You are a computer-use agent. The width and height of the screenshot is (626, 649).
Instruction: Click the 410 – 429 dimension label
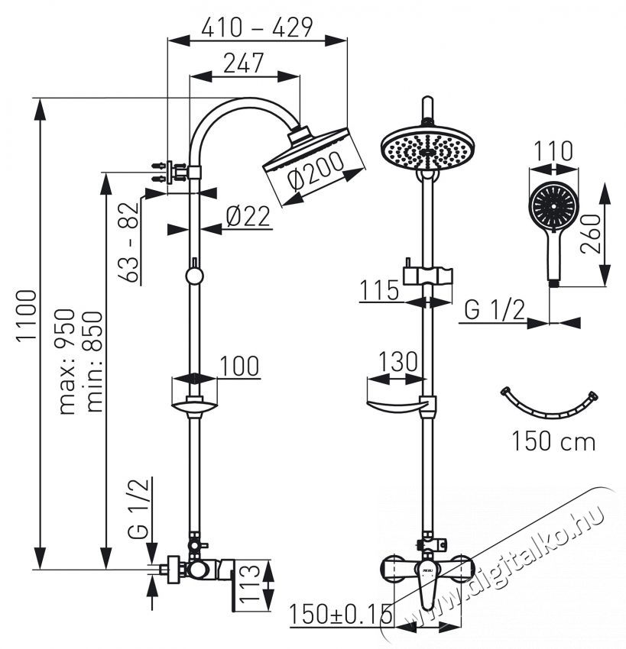click(x=256, y=28)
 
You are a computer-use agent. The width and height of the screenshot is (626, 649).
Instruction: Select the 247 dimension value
click(x=244, y=63)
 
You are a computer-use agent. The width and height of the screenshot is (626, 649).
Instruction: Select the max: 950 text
click(x=70, y=360)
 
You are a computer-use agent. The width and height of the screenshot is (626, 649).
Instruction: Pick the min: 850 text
click(x=94, y=360)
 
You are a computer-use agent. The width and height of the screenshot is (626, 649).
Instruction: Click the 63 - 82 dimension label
click(x=131, y=246)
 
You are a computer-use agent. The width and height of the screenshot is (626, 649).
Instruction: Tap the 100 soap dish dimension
click(x=239, y=366)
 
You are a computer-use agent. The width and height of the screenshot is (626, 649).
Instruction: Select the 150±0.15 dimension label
click(x=341, y=614)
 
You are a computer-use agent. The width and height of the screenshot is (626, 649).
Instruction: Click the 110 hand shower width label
click(x=553, y=151)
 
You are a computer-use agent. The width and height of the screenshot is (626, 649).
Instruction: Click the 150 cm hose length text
click(x=553, y=441)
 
